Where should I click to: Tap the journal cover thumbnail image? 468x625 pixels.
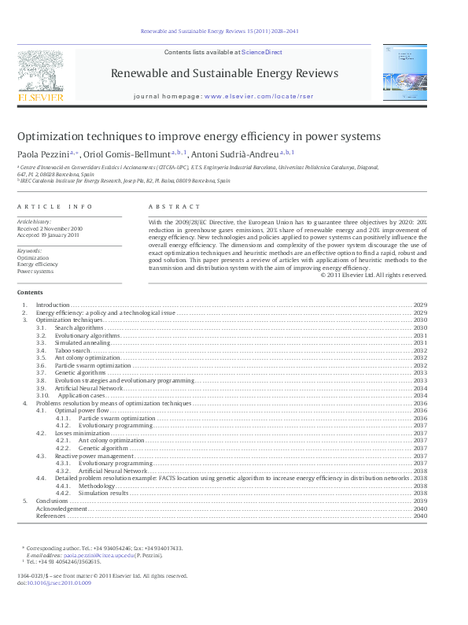[407, 72]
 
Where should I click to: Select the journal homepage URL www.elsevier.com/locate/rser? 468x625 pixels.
[252, 97]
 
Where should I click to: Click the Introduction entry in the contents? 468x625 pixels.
[53, 305]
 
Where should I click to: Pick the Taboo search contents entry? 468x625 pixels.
[72, 350]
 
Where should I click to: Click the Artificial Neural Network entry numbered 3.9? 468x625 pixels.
[89, 388]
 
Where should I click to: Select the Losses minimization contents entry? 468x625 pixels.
[82, 433]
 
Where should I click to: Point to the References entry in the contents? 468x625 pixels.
[50, 516]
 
